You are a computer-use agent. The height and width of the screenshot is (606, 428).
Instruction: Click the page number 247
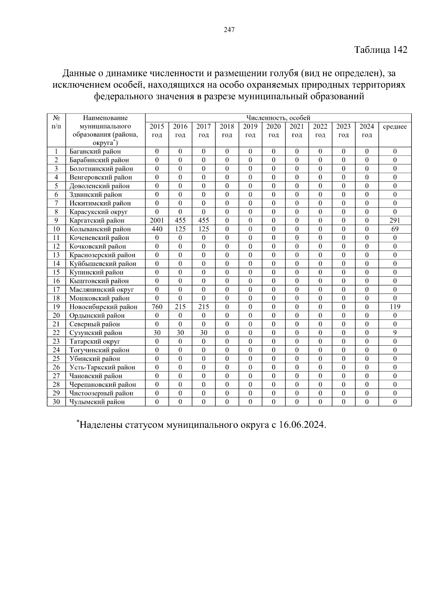point(229,30)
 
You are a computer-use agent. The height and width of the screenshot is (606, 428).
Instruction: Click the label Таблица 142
point(381,50)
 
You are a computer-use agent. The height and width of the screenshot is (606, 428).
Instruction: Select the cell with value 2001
point(157,220)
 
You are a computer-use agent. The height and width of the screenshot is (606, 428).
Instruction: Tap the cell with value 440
point(157,229)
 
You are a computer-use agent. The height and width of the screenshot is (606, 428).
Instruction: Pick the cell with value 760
point(157,307)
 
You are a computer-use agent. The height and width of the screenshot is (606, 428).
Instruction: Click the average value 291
point(395,220)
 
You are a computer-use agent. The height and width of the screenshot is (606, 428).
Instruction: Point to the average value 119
point(395,307)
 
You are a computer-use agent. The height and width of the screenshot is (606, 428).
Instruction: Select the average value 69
point(395,229)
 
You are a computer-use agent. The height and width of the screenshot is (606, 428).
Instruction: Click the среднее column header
point(395,127)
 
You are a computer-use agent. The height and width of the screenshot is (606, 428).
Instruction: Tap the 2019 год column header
point(250,130)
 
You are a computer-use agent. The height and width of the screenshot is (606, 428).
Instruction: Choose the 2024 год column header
point(367,130)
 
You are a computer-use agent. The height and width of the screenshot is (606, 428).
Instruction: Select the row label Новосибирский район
point(103,307)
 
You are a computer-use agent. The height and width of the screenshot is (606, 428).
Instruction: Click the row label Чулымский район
point(97,402)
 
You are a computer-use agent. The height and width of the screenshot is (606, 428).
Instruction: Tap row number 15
point(56,272)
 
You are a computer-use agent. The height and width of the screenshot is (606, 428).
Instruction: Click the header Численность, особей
point(278,118)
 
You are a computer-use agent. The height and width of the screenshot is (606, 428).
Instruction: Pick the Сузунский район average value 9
point(395,333)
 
